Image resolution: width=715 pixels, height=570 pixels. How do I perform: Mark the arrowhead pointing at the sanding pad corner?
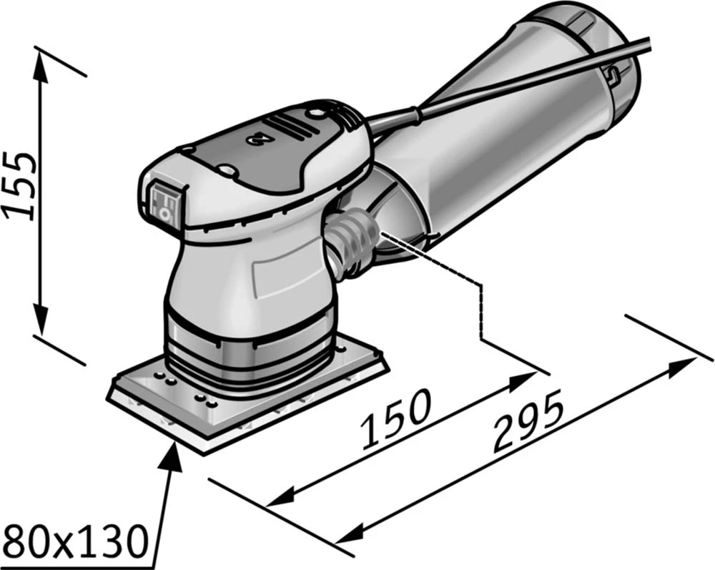[174, 448]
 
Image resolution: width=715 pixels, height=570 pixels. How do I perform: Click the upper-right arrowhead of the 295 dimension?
[679, 364]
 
